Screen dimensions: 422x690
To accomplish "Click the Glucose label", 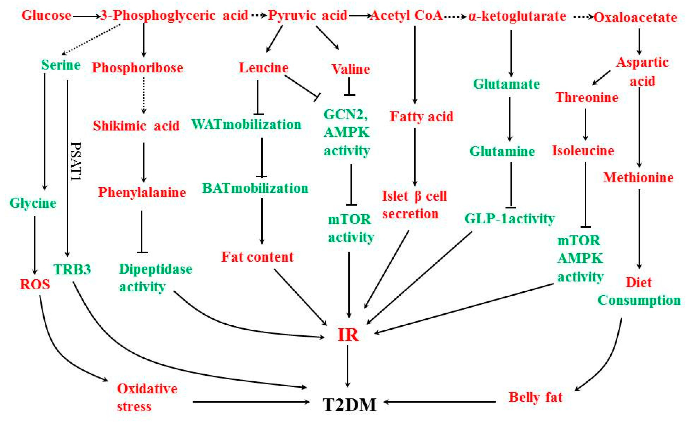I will pos(46,15).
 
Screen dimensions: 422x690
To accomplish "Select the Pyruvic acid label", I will pos(307,15).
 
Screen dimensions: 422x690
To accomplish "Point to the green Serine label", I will pos(61,65).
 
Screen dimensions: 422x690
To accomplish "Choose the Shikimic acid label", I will pos(136,126).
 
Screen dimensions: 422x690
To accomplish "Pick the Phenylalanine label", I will pos(142,193).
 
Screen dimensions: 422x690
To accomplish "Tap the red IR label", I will pos(348,335).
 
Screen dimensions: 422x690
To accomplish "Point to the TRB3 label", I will pos(72,270).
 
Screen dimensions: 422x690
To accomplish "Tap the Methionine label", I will pos(638,177).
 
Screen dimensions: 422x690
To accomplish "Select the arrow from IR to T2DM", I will pos(348,366).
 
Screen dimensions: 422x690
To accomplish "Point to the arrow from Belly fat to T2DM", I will pos(440,402).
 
